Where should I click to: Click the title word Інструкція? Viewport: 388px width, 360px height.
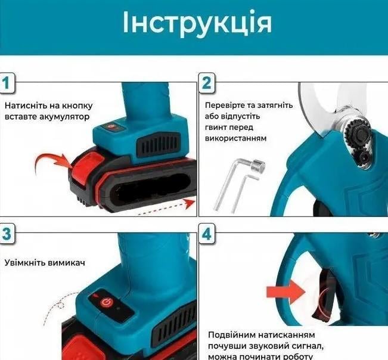coord(197,23)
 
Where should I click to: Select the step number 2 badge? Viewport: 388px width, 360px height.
coord(206,83)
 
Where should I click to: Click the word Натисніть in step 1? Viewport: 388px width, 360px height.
coord(23,105)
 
